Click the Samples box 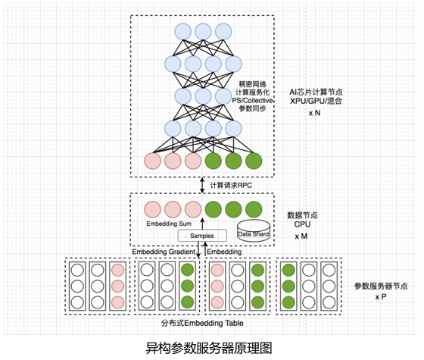202,236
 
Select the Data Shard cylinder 254,230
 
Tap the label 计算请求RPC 231,186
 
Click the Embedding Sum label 169,224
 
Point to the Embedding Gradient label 164,252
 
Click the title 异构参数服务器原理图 209,348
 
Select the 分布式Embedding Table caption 202,323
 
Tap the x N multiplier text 314,113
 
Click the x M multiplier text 301,236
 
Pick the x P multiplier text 380,296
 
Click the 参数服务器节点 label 381,286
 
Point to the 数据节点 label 302,215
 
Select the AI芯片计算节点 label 316,92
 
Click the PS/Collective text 253,100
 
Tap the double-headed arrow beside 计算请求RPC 202,185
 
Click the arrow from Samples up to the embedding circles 202,224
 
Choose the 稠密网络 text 253,84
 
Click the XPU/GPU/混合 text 316,101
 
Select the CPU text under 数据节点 302,224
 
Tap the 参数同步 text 253,108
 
